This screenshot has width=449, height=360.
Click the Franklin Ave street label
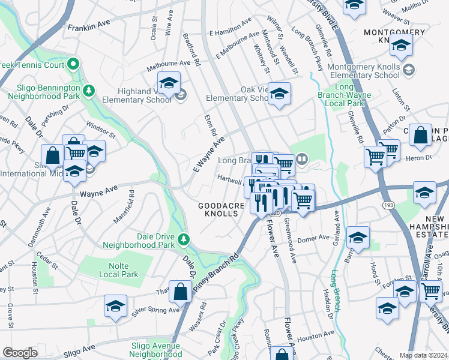point(89,28)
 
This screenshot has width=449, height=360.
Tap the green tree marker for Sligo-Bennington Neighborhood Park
point(89,91)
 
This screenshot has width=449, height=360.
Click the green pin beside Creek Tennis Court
point(73,63)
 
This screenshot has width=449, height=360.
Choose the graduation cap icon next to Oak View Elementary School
point(279,94)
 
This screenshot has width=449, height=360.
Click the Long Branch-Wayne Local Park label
point(344,95)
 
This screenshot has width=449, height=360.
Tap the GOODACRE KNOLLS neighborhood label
point(221,209)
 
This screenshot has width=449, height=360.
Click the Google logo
point(20,353)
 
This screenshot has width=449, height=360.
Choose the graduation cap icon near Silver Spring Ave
point(116,305)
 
